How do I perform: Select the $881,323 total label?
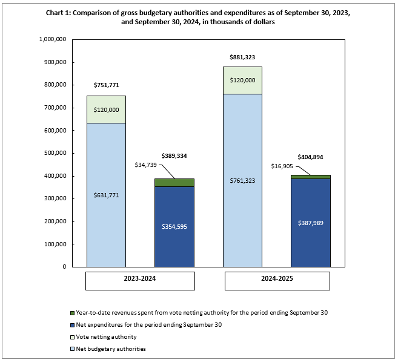pyautogui.click(x=242, y=57)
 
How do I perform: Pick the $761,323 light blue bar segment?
pyautogui.click(x=242, y=180)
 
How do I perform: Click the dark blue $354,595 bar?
pyautogui.click(x=174, y=226)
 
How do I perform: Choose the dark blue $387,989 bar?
pyautogui.click(x=311, y=221)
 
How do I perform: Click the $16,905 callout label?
pyautogui.click(x=280, y=163)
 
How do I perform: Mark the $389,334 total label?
pyautogui.click(x=174, y=155)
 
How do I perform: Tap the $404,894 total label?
pyautogui.click(x=311, y=157)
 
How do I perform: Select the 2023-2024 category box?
pyautogui.click(x=140, y=281)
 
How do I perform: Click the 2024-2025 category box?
pyautogui.click(x=277, y=281)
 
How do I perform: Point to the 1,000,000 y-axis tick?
pyautogui.click(x=51, y=39)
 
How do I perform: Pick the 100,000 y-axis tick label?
pyautogui.click(x=54, y=244)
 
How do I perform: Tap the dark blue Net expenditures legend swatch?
pyautogui.click(x=71, y=325)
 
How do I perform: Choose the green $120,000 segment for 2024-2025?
pyautogui.click(x=242, y=80)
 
